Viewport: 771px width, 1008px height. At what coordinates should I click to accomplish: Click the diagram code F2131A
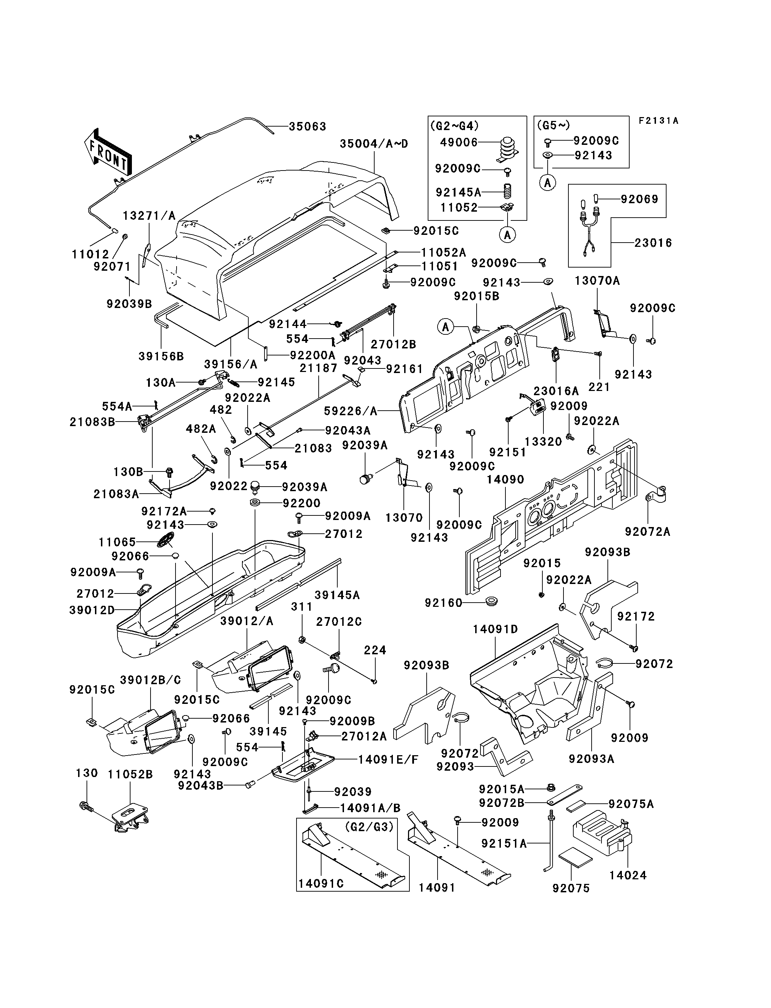tap(658, 121)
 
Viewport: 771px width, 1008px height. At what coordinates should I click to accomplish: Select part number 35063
tap(307, 126)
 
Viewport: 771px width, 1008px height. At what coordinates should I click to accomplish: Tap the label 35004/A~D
tap(374, 143)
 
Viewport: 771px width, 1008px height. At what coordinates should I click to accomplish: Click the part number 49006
tap(459, 142)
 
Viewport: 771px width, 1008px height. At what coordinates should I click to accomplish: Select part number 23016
tap(654, 243)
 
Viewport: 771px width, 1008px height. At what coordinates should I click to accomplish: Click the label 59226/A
tap(351, 411)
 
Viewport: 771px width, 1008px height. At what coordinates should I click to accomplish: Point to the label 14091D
tap(496, 629)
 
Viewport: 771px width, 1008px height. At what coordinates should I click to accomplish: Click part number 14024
tap(628, 875)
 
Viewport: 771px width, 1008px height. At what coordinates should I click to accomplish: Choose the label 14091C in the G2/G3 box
tap(321, 883)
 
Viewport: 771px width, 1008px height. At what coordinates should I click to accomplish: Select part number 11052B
tap(130, 775)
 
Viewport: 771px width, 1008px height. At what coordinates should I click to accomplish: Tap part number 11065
tap(117, 542)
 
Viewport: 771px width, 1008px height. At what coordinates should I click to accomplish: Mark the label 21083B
tap(92, 422)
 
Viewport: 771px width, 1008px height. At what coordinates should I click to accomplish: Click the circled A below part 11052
tap(507, 235)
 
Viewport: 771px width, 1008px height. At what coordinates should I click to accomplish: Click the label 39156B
tap(161, 357)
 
